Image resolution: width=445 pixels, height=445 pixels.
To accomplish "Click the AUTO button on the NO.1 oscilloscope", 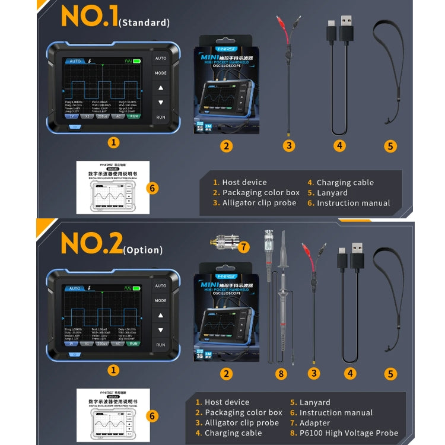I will point(161,59).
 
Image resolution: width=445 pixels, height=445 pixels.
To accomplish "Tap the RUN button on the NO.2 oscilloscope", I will point(161,345).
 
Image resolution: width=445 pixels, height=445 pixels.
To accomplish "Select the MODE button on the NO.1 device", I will point(161,74).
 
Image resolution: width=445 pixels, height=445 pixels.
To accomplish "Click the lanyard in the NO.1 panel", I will point(389,71).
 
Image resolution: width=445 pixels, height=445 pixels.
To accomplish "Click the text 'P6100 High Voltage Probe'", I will point(349,433).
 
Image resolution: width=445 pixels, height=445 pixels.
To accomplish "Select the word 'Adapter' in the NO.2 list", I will point(314,423).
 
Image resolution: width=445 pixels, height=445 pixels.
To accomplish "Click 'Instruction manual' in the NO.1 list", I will point(354,203).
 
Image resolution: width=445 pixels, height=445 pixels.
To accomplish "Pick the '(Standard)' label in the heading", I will point(144,23).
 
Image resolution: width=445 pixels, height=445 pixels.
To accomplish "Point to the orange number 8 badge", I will point(281,374).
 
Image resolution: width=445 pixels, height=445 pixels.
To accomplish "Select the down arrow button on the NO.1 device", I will point(161,103).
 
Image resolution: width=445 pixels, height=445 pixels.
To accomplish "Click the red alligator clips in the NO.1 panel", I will point(288,30).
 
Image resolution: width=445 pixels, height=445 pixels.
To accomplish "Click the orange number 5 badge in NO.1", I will point(390,146).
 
